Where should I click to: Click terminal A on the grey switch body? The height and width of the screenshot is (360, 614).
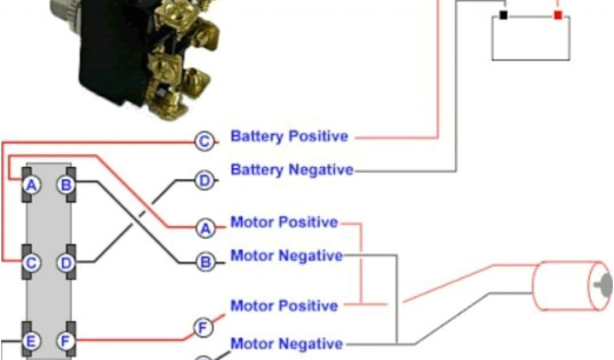click(x=32, y=185)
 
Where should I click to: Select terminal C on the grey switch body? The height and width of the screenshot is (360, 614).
click(x=32, y=262)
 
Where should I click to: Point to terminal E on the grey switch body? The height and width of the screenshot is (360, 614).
click(x=32, y=341)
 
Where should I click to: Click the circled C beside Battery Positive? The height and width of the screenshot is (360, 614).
click(x=204, y=142)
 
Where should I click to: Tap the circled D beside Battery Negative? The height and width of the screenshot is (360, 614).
click(x=204, y=180)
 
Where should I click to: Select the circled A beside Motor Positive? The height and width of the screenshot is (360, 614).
click(x=204, y=227)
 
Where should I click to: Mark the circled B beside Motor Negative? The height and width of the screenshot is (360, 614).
click(x=204, y=262)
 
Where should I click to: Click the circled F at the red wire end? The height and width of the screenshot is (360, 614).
click(x=203, y=328)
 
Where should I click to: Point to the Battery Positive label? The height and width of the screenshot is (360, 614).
click(x=289, y=136)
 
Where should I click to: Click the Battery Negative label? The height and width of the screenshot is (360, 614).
click(x=292, y=170)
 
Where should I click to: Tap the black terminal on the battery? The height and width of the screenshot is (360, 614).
click(x=504, y=15)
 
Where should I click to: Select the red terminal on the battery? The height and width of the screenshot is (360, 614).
click(x=558, y=15)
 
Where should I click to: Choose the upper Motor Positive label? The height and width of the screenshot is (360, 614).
click(x=284, y=223)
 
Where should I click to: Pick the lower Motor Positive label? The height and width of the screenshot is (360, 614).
click(x=284, y=306)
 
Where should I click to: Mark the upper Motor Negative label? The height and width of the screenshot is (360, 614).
click(x=287, y=256)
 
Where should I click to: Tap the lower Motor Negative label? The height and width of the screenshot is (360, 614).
click(x=287, y=344)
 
